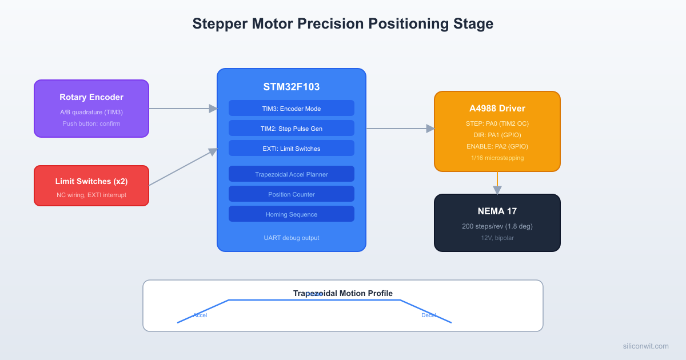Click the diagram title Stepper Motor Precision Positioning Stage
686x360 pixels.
[342, 24]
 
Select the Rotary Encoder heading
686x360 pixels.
[91, 97]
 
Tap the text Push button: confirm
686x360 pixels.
[91, 123]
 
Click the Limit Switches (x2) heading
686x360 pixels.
[91, 181]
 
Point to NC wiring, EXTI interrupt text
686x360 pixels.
[91, 195]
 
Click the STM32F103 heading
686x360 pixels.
[292, 87]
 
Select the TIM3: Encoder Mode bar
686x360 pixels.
[292, 109]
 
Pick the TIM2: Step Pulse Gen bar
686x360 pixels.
[292, 129]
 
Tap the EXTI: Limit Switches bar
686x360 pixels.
[292, 149]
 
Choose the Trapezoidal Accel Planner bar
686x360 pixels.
[292, 174]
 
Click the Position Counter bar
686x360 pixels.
[292, 194]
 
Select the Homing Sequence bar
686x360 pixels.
[292, 214]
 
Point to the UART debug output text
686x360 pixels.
[292, 238]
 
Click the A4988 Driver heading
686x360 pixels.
[497, 109]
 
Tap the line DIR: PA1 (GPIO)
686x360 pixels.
[497, 135]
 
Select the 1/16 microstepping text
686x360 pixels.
[497, 158]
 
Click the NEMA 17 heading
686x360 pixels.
[497, 211]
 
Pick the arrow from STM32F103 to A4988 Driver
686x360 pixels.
[400, 129]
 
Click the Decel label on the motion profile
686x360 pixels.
[428, 315]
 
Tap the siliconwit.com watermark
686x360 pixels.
[645, 346]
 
